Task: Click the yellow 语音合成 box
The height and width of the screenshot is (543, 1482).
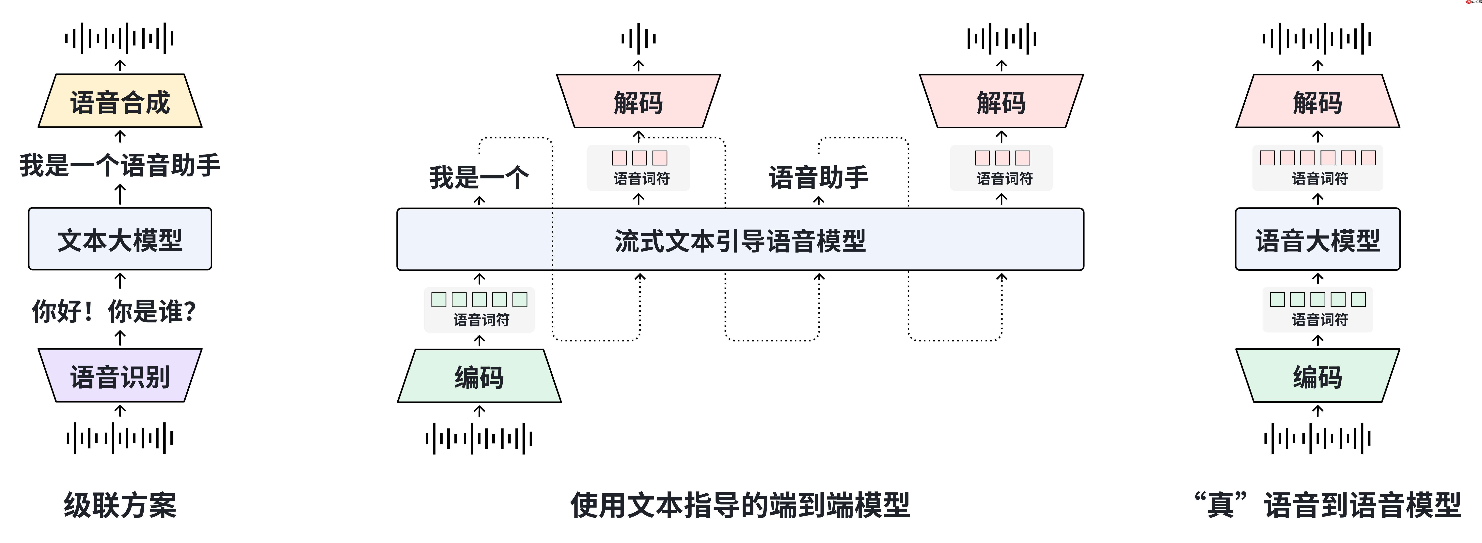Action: pyautogui.click(x=120, y=101)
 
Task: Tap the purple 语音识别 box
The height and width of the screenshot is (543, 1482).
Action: pyautogui.click(x=120, y=376)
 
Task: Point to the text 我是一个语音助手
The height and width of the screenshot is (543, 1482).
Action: pyautogui.click(x=120, y=165)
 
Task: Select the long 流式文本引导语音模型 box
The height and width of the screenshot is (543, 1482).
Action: pyautogui.click(x=740, y=239)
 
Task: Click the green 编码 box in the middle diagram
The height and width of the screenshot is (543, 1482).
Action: pyautogui.click(x=479, y=377)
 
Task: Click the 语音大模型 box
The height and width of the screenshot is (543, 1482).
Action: pyautogui.click(x=1317, y=239)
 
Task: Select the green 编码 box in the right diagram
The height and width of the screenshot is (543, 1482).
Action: pyautogui.click(x=1317, y=377)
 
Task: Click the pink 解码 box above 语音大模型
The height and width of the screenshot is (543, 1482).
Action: pyautogui.click(x=1317, y=101)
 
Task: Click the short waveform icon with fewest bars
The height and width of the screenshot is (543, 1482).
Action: pyautogui.click(x=638, y=39)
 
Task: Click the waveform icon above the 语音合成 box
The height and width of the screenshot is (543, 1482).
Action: pyautogui.click(x=120, y=39)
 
